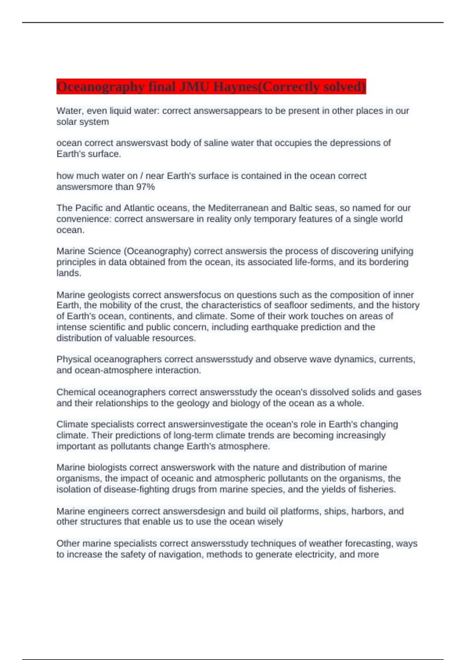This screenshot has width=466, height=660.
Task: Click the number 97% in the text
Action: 145,187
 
